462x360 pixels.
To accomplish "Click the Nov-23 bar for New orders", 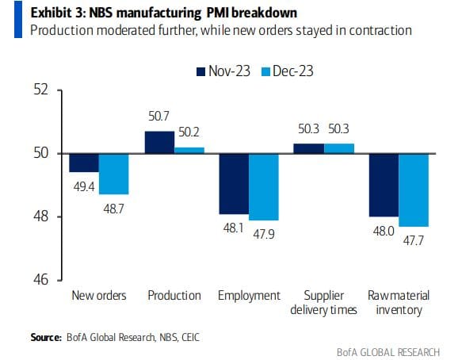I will pos(84,163).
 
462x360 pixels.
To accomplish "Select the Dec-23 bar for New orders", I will pos(114,174).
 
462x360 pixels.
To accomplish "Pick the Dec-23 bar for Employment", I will pos(264,186).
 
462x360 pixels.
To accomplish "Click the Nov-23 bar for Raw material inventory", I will pos(384,185).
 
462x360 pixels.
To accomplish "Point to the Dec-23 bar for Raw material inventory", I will pos(414,190).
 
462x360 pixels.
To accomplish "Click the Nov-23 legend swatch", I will pos(200,71).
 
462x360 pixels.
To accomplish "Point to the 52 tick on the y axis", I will pos(41,90).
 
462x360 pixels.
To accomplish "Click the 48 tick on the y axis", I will pos(41,216).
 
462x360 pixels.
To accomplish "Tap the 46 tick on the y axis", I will pos(41,280).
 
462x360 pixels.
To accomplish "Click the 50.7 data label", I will pos(159,117).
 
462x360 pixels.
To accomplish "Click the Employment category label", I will pos(250,296).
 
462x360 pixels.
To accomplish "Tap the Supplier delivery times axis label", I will pos(324,302).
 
